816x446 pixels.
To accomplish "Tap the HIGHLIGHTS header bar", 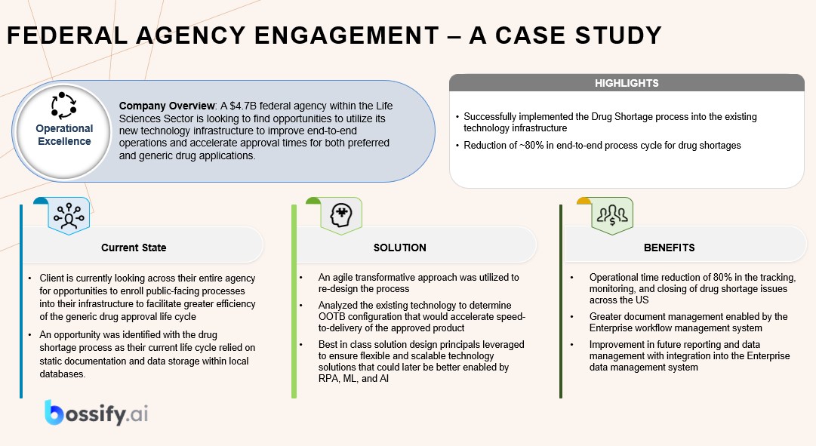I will point(627,83).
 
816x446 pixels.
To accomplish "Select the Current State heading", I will point(134,248).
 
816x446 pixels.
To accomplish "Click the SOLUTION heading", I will point(400,248).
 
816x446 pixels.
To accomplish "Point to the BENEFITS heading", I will point(670,248).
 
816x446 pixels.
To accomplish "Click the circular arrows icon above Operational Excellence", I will point(63,106).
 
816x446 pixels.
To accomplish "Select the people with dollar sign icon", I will point(611,217).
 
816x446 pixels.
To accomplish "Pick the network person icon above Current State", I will point(69,217).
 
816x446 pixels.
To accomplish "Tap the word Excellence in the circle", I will point(64,141).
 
